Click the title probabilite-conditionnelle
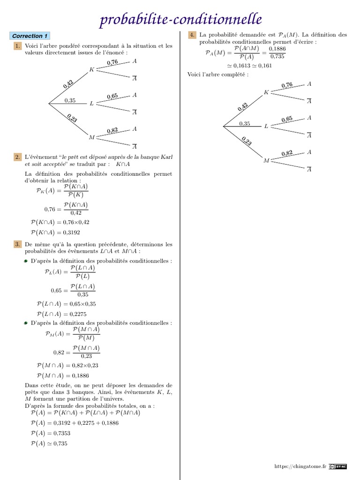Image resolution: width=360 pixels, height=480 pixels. [180, 19]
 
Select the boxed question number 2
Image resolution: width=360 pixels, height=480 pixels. [17, 157]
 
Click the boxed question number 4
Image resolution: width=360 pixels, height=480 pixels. [192, 35]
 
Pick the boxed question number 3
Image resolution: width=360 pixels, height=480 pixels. [17, 244]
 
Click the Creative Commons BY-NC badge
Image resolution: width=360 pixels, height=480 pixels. [337, 466]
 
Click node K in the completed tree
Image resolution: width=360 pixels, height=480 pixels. [266, 92]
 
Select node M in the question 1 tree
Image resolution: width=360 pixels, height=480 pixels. [92, 137]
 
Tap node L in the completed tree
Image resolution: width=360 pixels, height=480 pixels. [266, 127]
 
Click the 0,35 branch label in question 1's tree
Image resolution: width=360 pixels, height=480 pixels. [70, 100]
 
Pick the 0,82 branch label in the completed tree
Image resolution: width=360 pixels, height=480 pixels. [287, 153]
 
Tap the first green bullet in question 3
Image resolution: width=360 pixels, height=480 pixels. [27, 261]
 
